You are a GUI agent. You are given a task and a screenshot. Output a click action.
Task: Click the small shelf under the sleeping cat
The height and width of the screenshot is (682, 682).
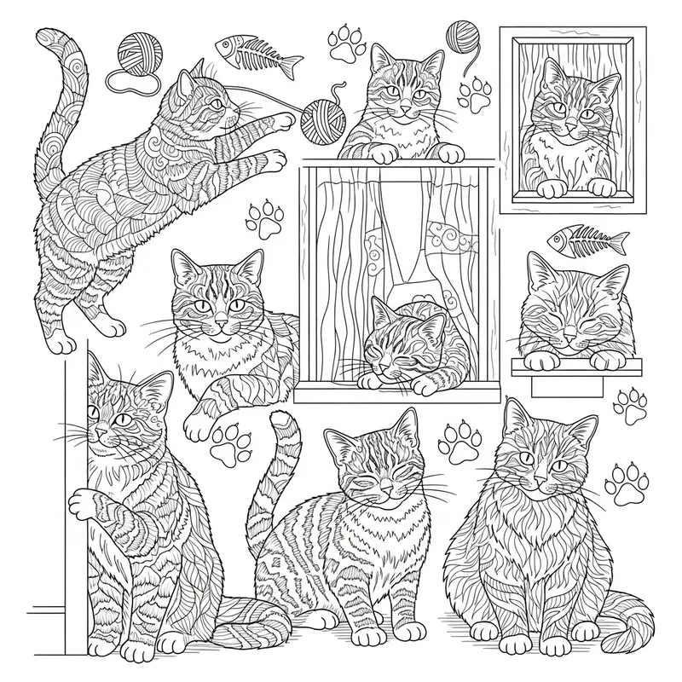click(575, 367)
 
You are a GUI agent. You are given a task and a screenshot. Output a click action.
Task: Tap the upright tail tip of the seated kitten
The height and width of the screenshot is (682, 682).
click(279, 420)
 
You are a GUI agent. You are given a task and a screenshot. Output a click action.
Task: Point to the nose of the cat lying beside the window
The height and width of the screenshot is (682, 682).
click(222, 325)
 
